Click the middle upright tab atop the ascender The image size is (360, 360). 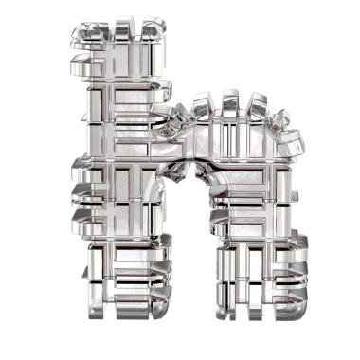(122, 29)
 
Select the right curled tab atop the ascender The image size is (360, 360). (153, 27)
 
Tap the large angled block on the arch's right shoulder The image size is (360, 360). (292, 144)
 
